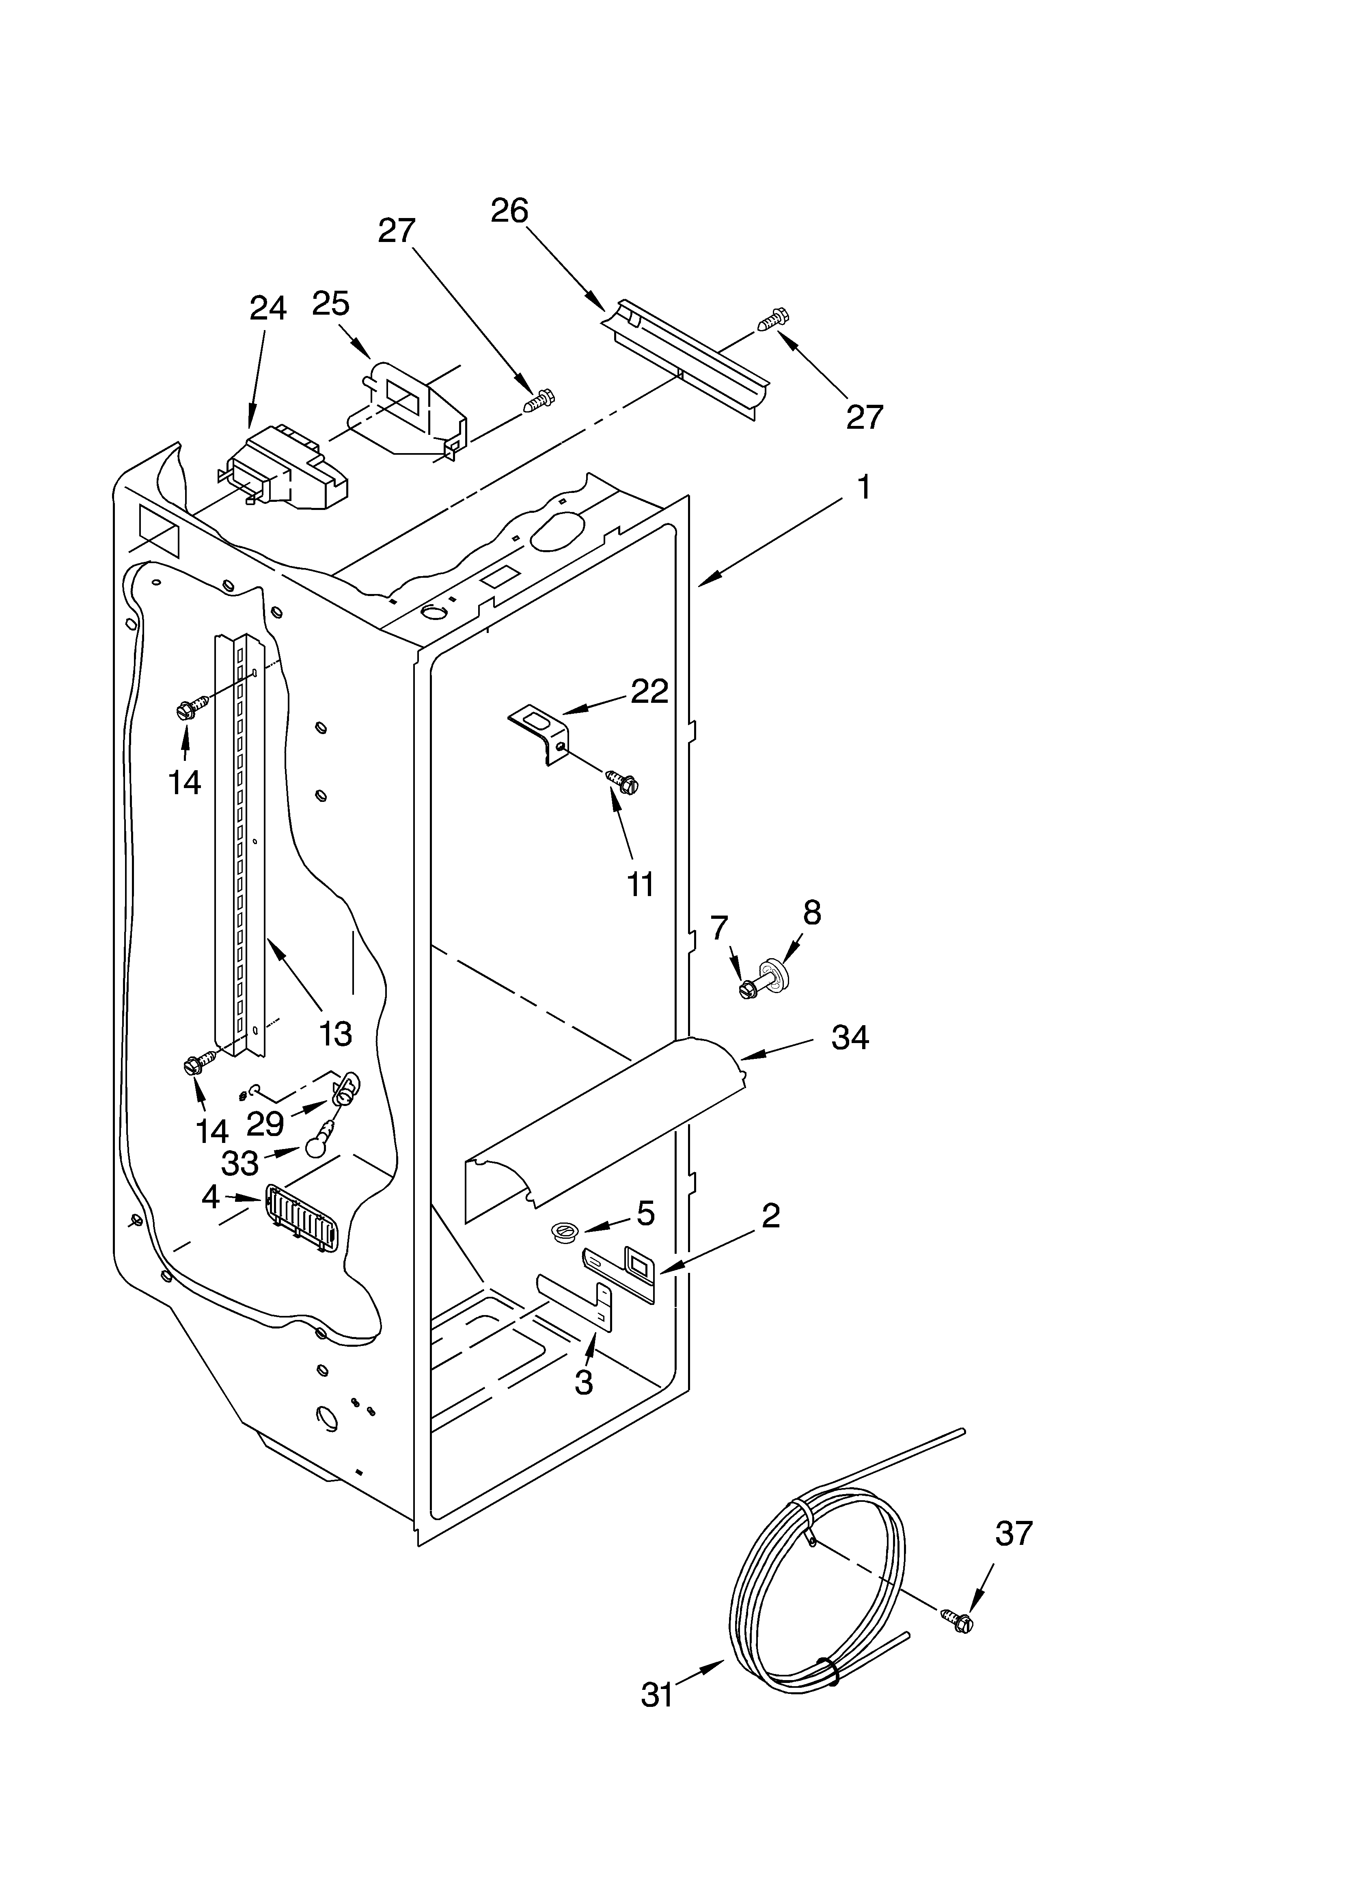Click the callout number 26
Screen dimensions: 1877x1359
tap(509, 212)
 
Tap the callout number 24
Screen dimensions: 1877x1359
tap(268, 308)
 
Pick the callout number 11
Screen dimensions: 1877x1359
tap(641, 884)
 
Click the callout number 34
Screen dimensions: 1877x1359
tap(850, 1037)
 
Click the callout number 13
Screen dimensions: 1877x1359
tap(335, 1033)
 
